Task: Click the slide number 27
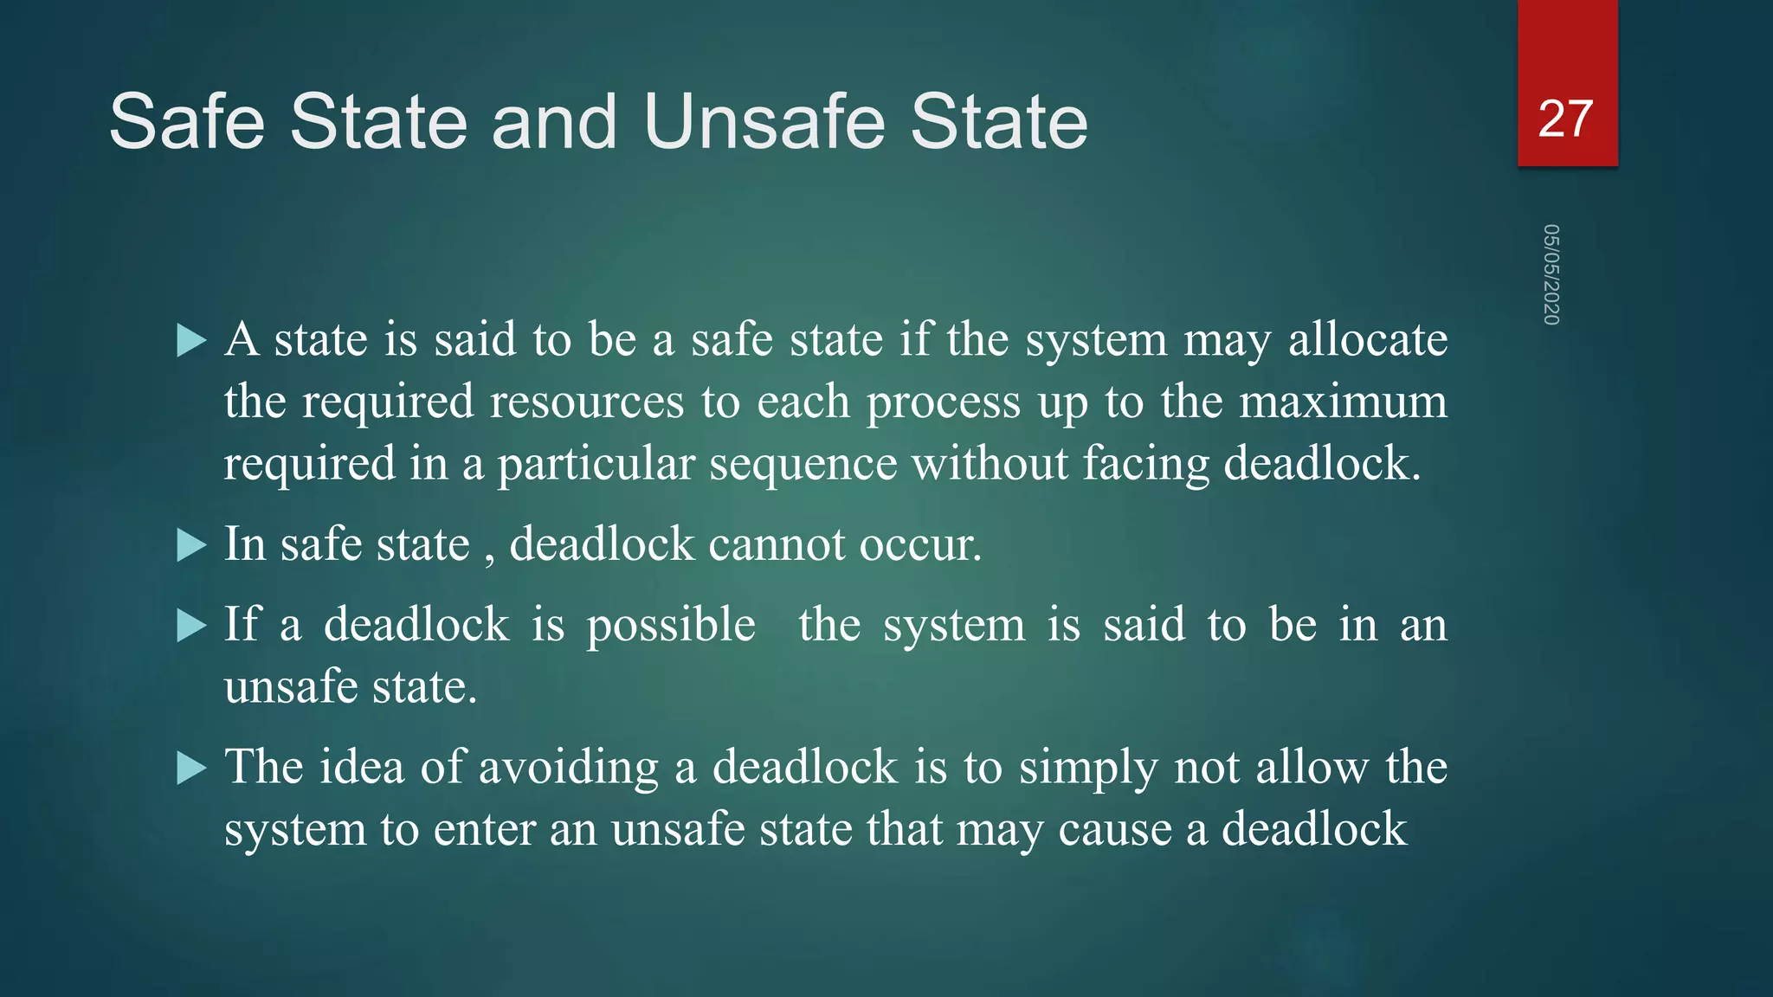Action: pos(1565,119)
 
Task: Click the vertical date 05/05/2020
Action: pos(1551,274)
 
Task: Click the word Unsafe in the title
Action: pos(767,122)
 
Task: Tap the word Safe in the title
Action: pos(187,122)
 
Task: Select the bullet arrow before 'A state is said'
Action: pos(190,341)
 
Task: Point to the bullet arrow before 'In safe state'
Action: pos(190,546)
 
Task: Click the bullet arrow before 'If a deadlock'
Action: pos(190,626)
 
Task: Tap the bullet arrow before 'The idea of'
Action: pos(190,768)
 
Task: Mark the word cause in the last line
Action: pos(1114,829)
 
